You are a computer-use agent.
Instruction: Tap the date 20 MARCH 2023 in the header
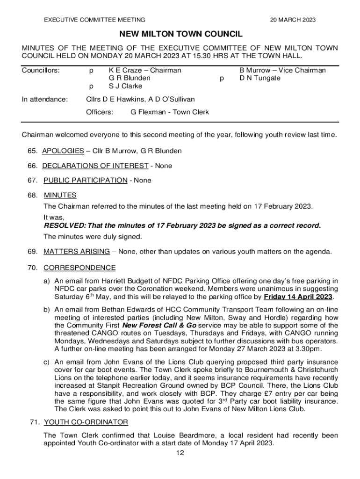293,20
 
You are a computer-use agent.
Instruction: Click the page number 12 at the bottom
180,453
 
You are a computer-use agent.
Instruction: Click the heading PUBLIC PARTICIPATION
85,180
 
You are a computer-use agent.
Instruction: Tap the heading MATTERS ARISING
77,252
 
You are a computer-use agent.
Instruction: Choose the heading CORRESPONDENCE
79,268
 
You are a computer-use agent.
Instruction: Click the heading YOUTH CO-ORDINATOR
86,422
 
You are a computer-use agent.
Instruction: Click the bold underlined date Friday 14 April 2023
298,297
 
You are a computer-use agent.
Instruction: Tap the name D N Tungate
260,78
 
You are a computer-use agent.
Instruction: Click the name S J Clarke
125,86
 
